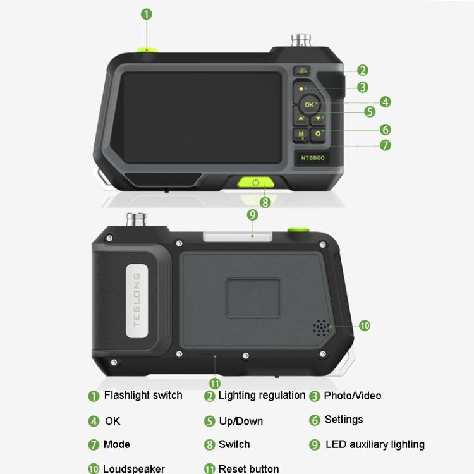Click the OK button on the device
click(308, 104)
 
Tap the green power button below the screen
click(255, 183)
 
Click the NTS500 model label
click(313, 157)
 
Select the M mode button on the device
click(301, 135)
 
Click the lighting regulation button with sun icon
click(301, 71)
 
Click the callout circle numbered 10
click(364, 325)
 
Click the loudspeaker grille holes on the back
click(322, 327)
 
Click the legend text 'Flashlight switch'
click(143, 396)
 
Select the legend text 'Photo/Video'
click(352, 396)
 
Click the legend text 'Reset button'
click(248, 468)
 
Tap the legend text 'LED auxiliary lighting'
click(375, 444)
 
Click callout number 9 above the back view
click(252, 215)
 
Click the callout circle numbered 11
click(215, 383)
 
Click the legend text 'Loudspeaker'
click(133, 468)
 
